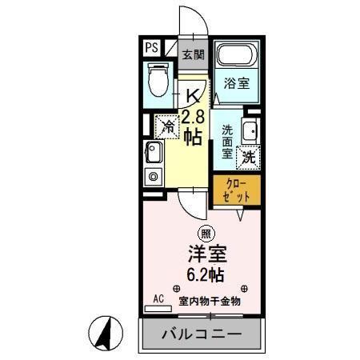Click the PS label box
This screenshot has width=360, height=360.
tap(152, 48)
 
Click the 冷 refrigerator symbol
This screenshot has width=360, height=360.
tap(168, 125)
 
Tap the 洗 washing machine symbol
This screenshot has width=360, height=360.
tap(249, 157)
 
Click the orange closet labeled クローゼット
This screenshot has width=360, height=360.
tap(238, 190)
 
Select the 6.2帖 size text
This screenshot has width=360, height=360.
tap(206, 275)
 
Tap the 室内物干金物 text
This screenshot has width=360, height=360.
tap(210, 300)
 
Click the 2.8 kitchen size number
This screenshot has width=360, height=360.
tap(193, 117)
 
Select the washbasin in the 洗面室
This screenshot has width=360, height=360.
tap(249, 130)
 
